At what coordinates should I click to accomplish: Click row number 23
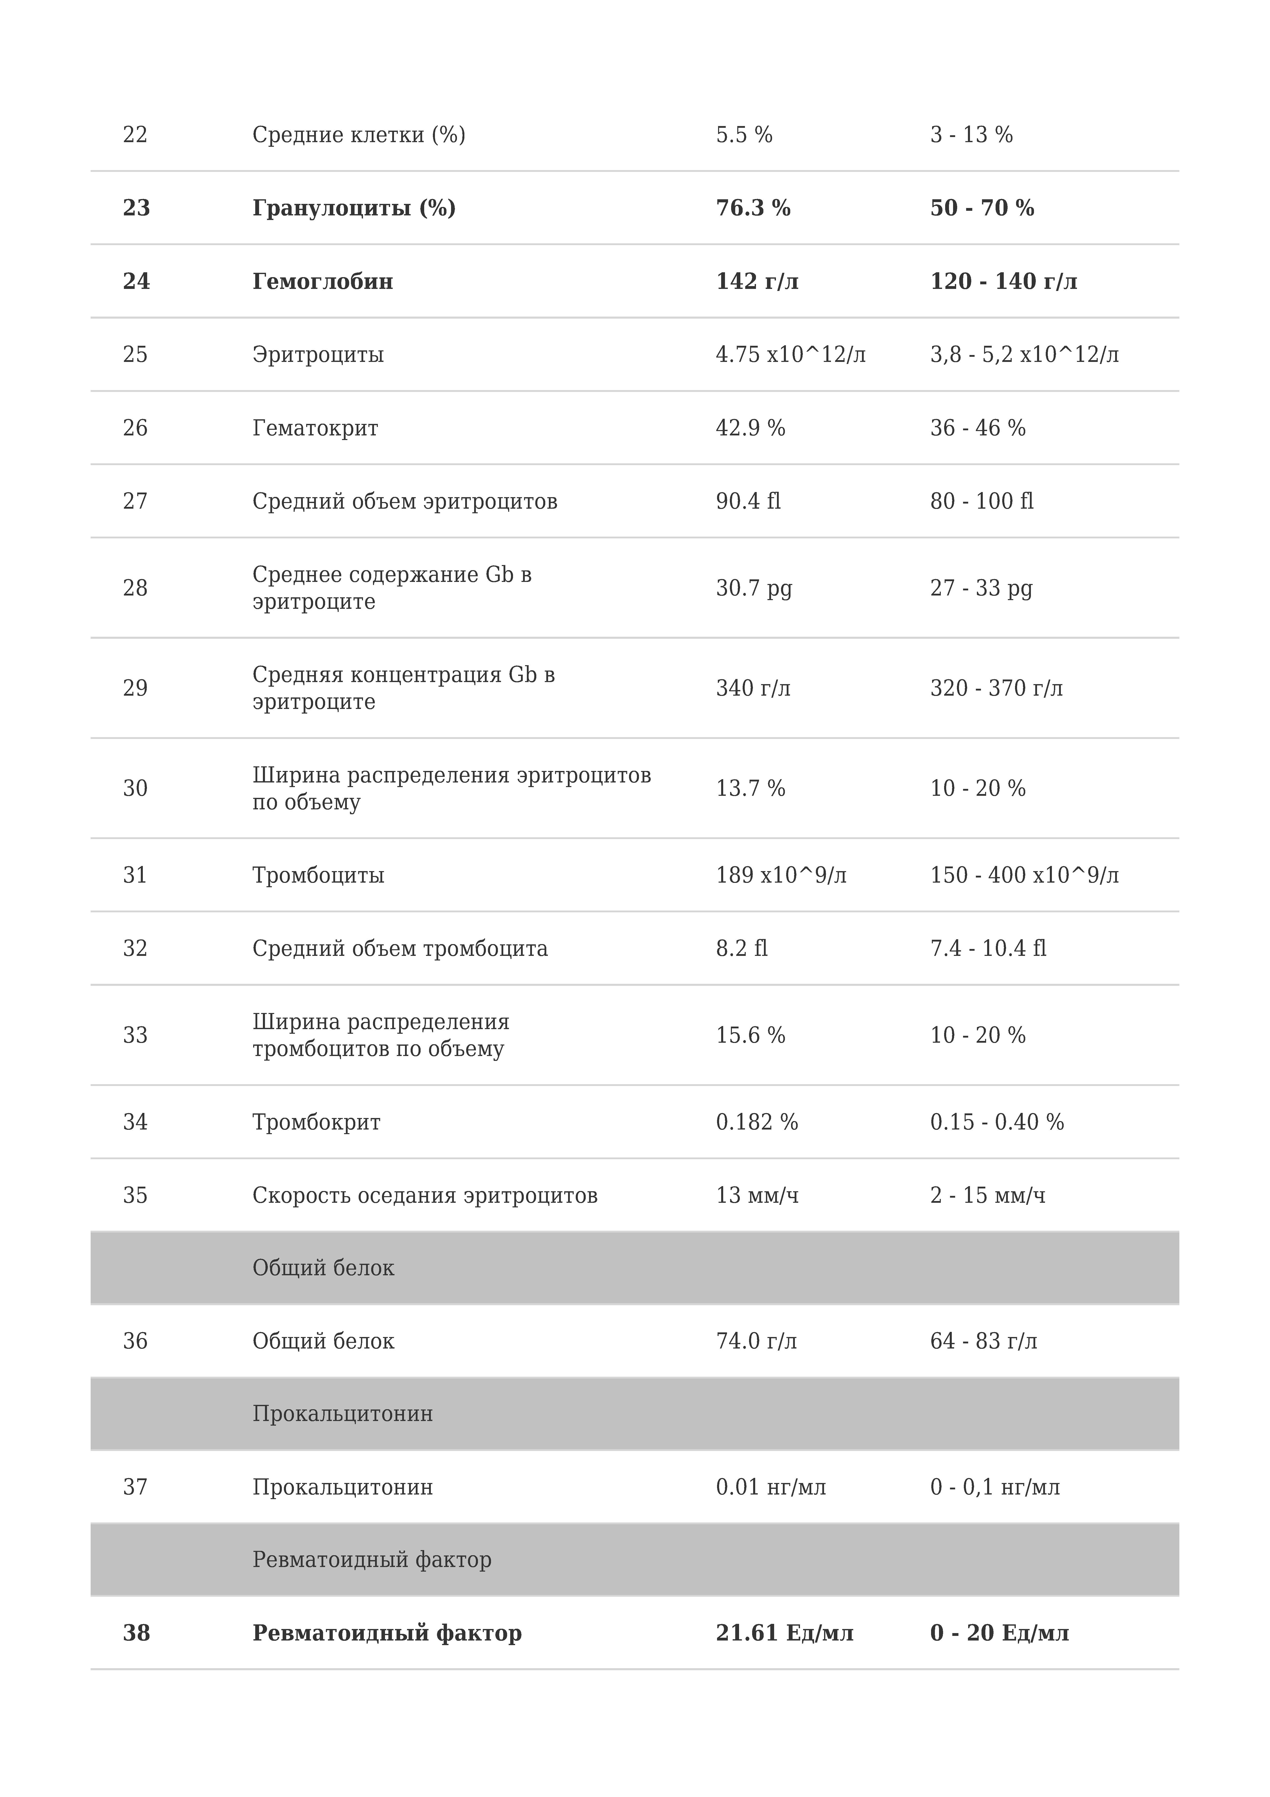(136, 208)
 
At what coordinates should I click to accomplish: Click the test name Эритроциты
(318, 354)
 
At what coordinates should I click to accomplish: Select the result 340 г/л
(753, 688)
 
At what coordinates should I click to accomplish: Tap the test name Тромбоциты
(318, 875)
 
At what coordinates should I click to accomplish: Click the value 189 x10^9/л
(781, 875)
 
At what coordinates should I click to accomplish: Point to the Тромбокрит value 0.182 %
(757, 1122)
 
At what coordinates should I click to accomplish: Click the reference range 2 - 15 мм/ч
(988, 1195)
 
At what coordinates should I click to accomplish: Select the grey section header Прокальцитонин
(342, 1414)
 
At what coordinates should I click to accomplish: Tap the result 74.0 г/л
(756, 1341)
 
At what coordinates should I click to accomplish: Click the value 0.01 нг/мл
(771, 1487)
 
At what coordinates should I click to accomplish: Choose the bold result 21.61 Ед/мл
(784, 1633)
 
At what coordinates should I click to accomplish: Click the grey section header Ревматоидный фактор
(372, 1560)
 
